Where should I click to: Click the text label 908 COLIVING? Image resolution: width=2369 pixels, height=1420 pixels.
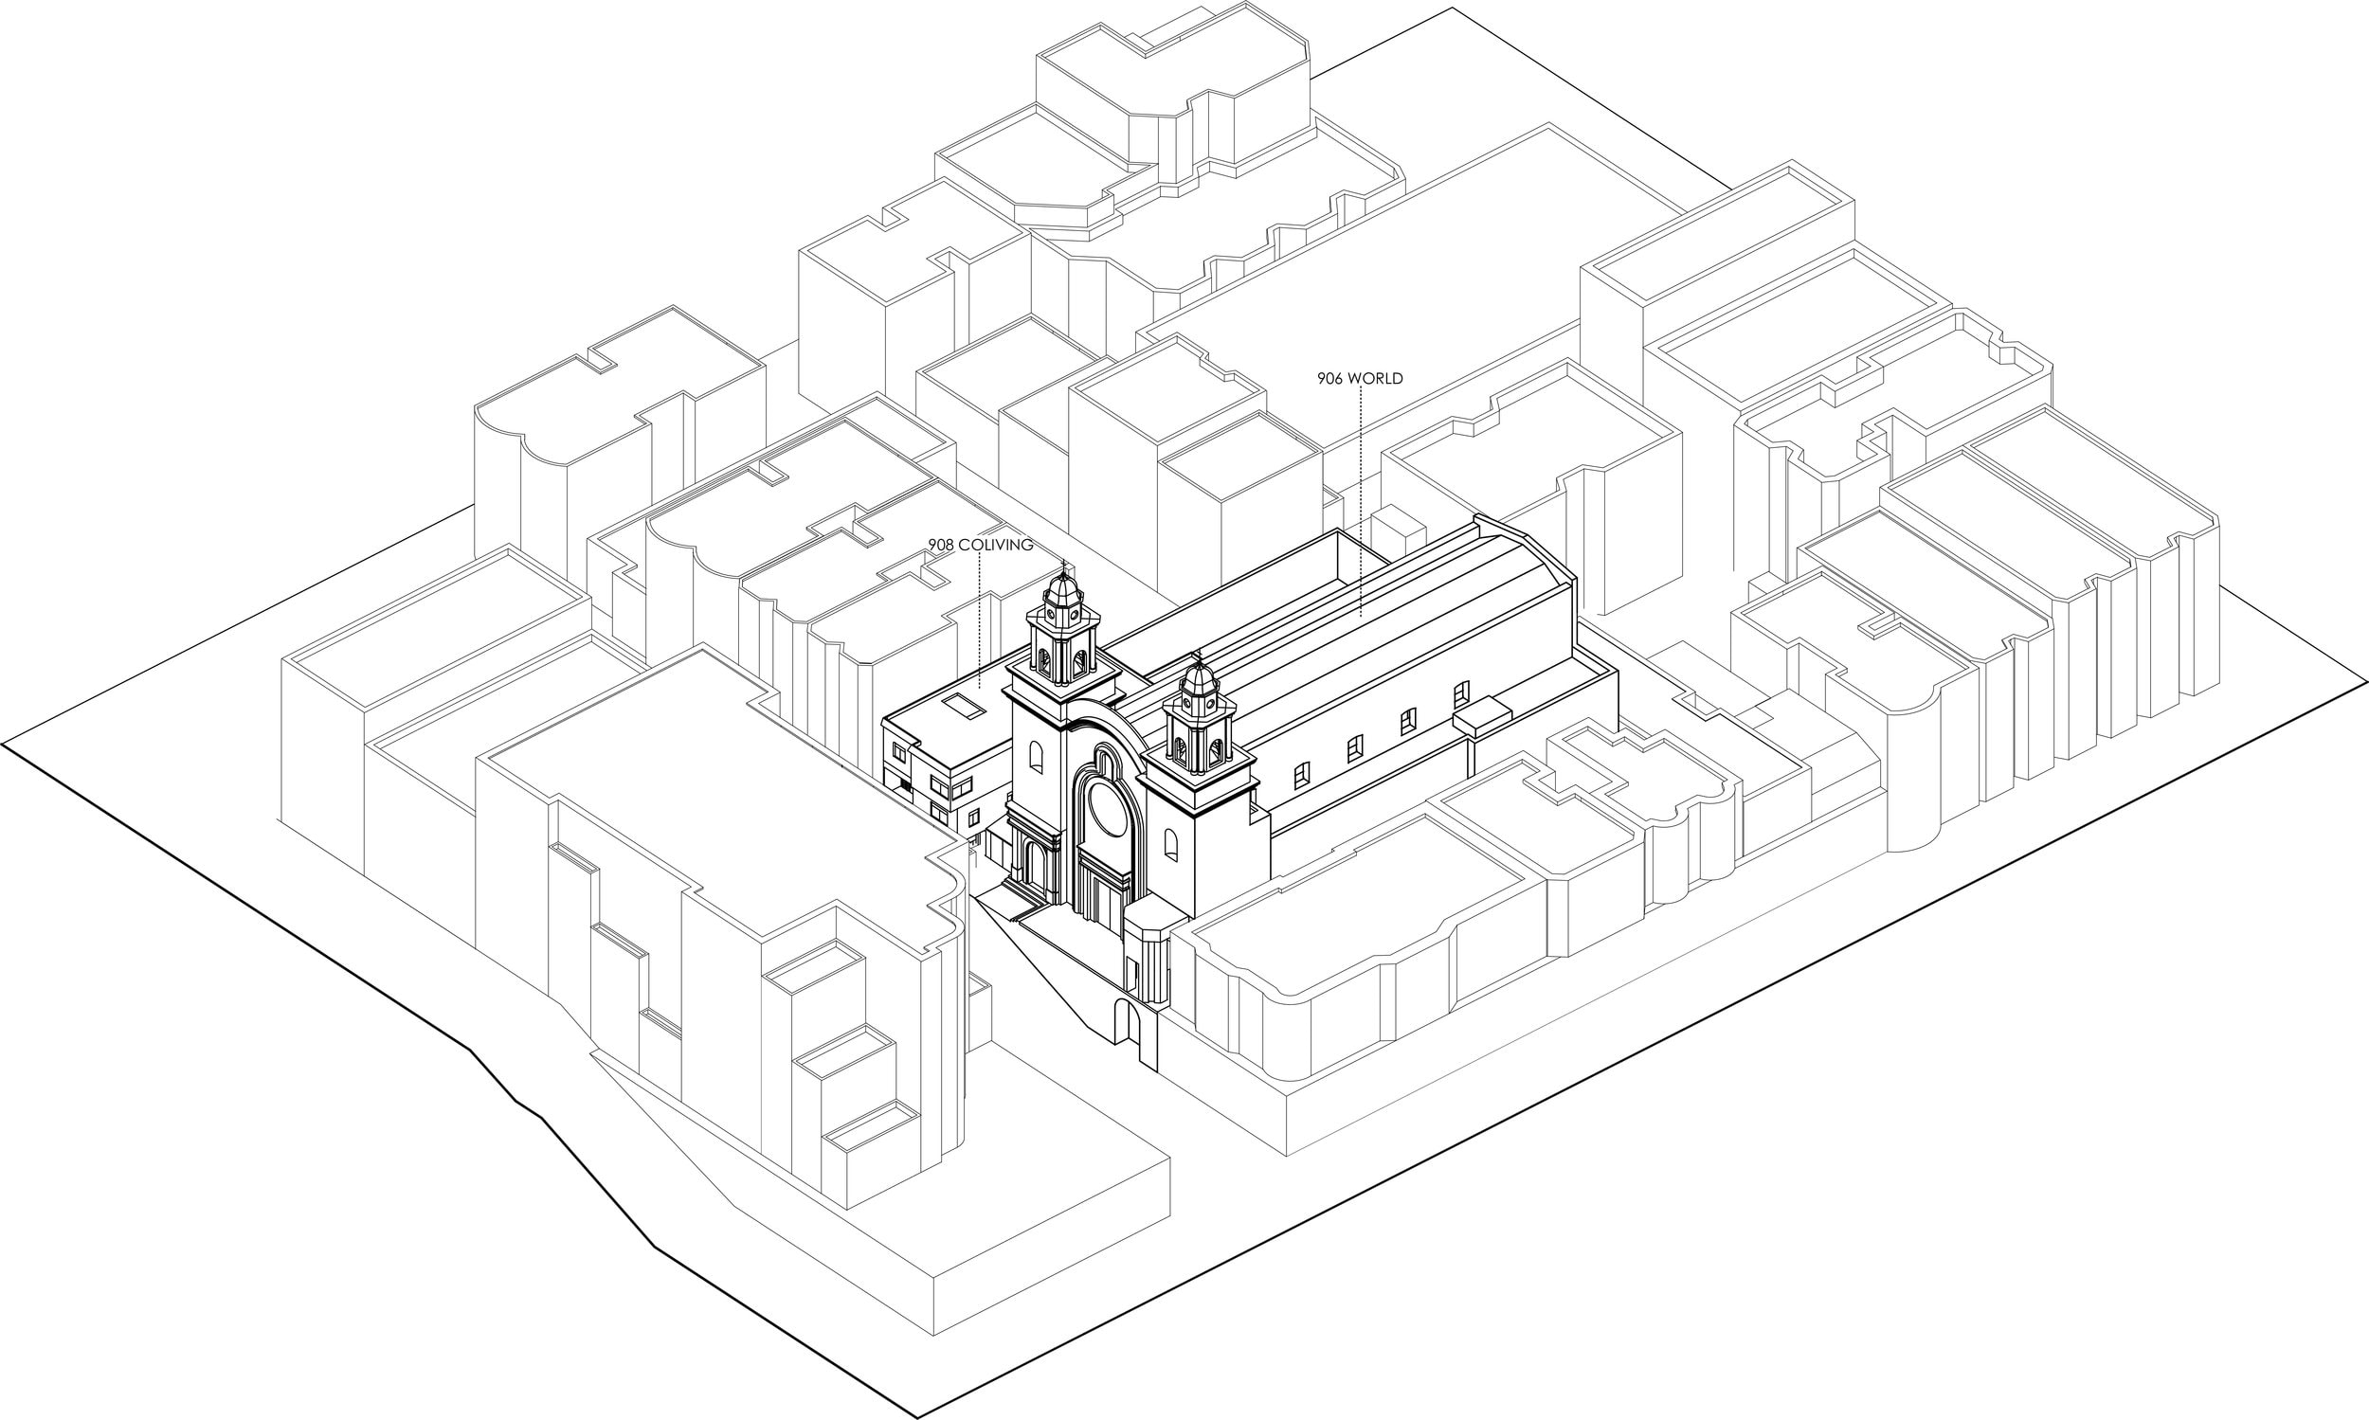tap(980, 545)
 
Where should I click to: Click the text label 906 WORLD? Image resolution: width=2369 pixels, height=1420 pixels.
tap(1360, 378)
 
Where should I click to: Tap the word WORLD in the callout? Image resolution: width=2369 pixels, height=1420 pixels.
tap(1376, 378)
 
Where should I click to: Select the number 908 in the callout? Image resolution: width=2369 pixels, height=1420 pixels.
tap(941, 545)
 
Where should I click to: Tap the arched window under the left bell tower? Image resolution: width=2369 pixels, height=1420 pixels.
tap(1037, 761)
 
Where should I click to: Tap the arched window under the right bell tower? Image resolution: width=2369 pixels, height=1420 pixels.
tap(1171, 845)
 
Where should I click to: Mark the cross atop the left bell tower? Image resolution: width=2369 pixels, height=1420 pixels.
tap(1062, 566)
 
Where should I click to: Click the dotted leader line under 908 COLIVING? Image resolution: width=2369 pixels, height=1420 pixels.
tap(980, 621)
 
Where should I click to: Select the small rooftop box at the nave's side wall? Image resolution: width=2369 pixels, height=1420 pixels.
tap(1483, 718)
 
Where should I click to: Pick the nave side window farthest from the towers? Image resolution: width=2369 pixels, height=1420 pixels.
tap(1460, 693)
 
